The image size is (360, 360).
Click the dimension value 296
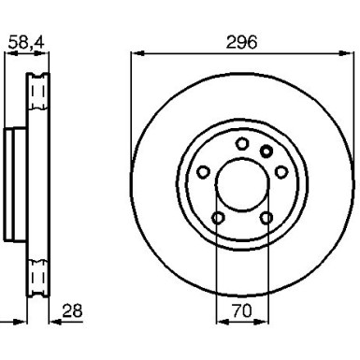click(x=241, y=42)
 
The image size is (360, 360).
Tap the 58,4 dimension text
click(x=26, y=42)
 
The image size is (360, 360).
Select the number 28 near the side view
click(x=72, y=310)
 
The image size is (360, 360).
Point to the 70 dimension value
click(x=242, y=310)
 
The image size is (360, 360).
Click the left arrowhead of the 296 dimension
click(x=137, y=53)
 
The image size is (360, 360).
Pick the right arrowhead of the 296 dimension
click(x=346, y=53)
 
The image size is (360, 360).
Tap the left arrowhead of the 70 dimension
click(x=223, y=322)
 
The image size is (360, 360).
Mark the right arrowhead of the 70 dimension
click(x=261, y=322)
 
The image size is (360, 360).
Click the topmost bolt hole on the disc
click(x=242, y=144)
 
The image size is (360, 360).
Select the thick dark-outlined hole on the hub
click(x=266, y=151)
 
